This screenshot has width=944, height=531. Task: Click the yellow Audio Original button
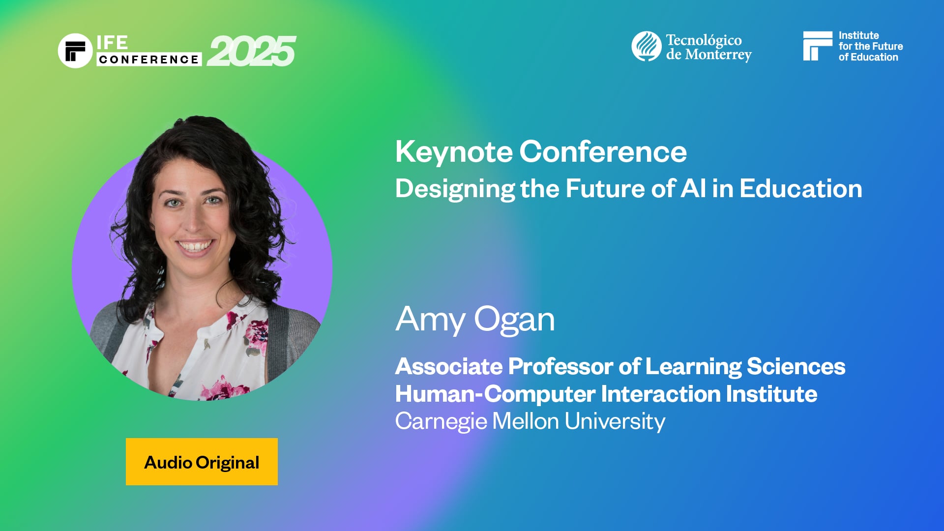coord(202,462)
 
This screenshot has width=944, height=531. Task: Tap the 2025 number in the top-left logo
coord(251,51)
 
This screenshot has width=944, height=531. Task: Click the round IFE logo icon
coord(75,51)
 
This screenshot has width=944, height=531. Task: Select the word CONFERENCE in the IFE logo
coord(148,59)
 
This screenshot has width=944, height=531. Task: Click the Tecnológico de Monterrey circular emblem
coord(646,46)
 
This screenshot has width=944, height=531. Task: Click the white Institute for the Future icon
coord(817,46)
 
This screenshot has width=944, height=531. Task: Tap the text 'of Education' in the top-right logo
coord(868,57)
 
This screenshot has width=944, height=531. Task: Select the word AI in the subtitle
coord(693,188)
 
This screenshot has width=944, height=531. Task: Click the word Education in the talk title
coord(800,188)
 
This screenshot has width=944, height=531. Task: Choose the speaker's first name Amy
coord(430,320)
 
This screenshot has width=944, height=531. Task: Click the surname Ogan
coord(514,320)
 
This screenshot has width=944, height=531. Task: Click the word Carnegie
coord(441,421)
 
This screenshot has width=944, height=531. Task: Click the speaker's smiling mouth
coord(195,245)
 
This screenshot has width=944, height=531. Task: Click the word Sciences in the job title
coord(796,366)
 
